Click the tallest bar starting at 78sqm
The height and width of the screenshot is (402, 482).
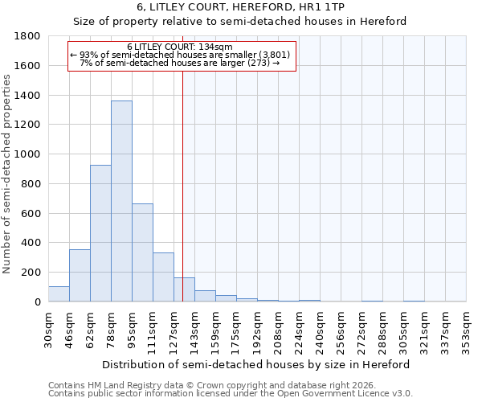[x=121, y=201]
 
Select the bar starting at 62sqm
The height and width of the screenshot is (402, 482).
[x=100, y=233]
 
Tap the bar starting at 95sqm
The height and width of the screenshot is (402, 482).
[x=142, y=252]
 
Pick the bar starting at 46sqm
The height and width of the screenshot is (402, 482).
[x=80, y=276]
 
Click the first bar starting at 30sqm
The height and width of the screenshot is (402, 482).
[x=59, y=294]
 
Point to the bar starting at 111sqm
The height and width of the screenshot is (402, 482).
[x=163, y=277]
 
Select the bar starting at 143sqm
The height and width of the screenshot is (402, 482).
[x=205, y=296]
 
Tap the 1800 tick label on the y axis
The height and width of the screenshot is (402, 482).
[x=28, y=36]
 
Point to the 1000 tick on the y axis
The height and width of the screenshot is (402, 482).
[x=28, y=154]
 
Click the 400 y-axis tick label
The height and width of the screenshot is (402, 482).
[x=31, y=243]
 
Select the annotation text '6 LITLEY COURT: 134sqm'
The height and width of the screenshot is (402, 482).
[x=180, y=47]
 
